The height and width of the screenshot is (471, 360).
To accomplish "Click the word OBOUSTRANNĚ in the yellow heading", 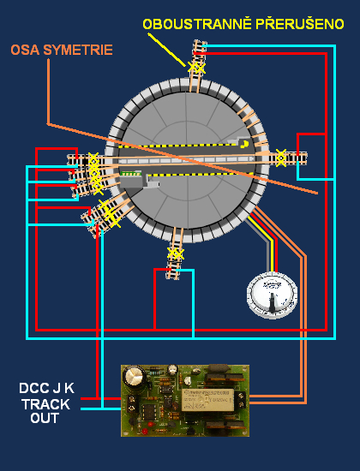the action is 197,24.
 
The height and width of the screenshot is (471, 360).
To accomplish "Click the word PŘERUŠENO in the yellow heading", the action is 300,24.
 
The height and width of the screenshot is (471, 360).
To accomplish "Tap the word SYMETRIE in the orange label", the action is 78,50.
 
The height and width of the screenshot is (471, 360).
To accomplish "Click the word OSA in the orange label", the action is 25,50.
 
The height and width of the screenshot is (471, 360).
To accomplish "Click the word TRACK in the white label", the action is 46,404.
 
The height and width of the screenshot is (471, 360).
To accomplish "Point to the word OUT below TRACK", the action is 45,418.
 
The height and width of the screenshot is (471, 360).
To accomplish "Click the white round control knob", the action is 273,295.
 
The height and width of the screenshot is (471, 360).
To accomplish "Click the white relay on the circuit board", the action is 207,400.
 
